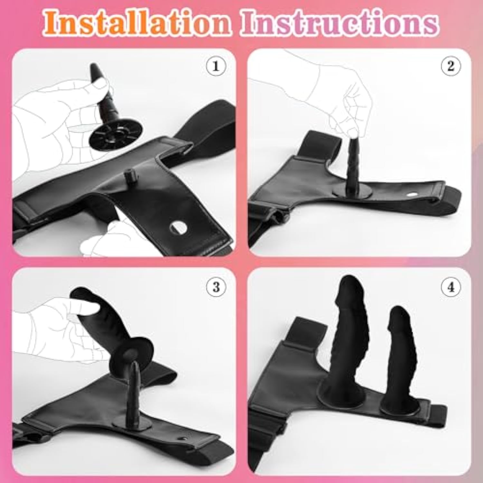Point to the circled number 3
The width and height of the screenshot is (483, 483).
[x=216, y=286]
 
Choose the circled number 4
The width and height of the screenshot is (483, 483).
[x=451, y=286]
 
